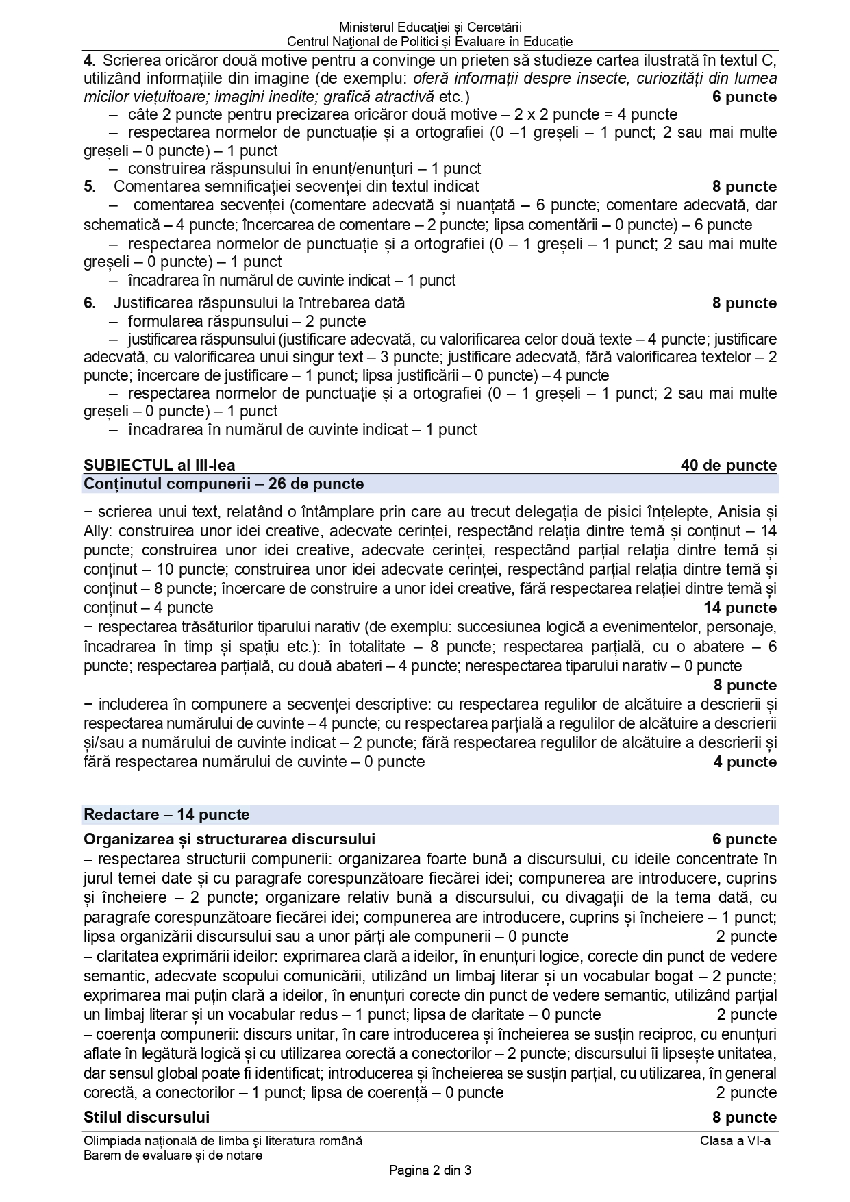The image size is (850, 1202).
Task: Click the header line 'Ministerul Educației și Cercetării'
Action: [429, 27]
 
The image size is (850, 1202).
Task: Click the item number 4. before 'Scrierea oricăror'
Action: [90, 60]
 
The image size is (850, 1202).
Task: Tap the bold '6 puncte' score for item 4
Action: [744, 97]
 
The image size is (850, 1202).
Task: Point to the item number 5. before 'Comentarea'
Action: [90, 186]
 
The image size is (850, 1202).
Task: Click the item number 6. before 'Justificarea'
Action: [90, 303]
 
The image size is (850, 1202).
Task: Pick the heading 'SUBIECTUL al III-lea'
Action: [159, 466]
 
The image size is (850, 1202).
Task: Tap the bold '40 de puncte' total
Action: [728, 466]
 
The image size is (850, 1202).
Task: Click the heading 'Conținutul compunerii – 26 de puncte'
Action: [223, 484]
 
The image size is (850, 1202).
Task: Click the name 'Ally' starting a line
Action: [97, 531]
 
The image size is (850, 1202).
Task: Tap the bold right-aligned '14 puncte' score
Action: [740, 608]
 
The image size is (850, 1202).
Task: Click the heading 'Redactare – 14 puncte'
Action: [166, 815]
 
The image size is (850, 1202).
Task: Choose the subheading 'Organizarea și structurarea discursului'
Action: [229, 839]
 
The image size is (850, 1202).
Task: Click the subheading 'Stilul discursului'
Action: [146, 1117]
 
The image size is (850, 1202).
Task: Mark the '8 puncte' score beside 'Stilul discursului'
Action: [744, 1117]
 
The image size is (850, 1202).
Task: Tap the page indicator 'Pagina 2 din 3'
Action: [429, 1170]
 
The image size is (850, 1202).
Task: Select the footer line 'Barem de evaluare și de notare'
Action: [173, 1155]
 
